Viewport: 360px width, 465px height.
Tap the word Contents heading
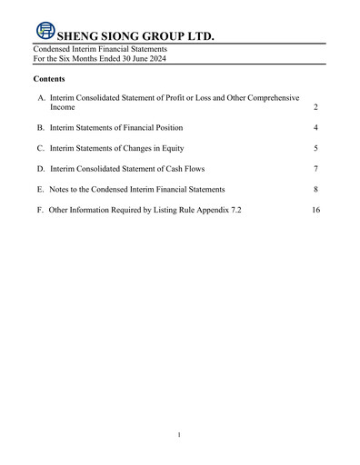(x=51, y=80)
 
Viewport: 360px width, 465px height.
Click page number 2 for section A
(x=314, y=108)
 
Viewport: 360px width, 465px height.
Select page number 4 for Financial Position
(x=314, y=128)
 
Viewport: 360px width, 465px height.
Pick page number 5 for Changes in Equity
(x=314, y=148)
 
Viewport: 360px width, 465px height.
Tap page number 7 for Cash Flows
(x=314, y=169)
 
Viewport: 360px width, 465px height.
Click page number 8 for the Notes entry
(x=314, y=189)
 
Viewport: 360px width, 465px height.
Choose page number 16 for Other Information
(x=315, y=210)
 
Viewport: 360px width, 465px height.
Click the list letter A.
(x=41, y=97)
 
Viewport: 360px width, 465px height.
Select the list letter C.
(x=41, y=148)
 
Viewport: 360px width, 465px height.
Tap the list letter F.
(x=41, y=210)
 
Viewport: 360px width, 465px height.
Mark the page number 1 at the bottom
(x=180, y=435)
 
